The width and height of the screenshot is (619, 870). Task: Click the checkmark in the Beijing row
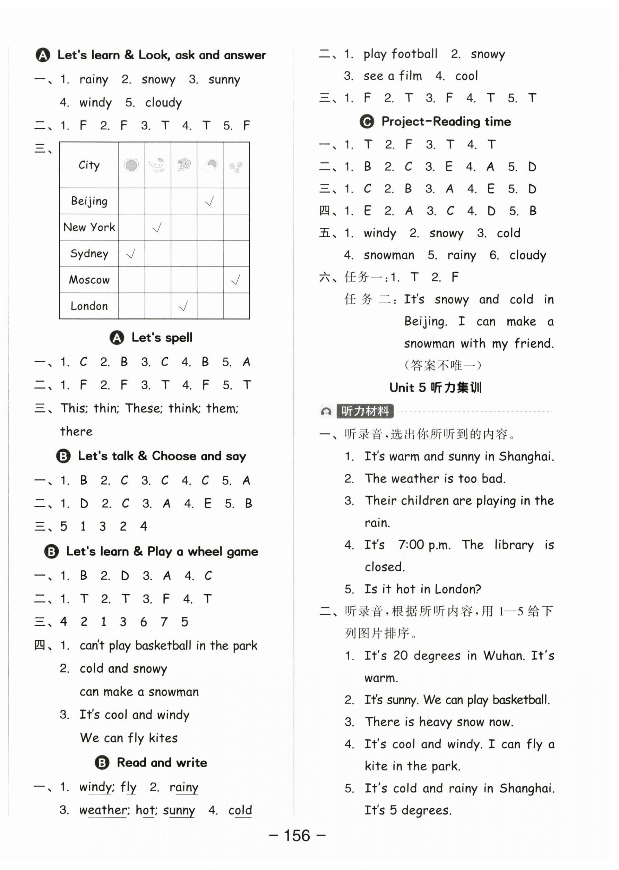209,201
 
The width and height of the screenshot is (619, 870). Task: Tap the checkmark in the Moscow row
235,280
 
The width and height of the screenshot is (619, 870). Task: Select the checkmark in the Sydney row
131,254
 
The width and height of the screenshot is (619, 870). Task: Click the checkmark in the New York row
157,228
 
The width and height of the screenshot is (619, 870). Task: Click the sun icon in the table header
131,165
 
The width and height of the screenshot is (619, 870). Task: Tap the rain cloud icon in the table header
184,165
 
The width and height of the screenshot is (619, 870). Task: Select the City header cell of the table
89,165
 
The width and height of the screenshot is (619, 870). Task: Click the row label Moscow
89,280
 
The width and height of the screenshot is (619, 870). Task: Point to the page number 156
297,836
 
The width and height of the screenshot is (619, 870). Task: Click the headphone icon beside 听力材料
326,411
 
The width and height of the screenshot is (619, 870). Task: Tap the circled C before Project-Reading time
367,122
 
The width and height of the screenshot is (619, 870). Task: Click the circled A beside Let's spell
117,338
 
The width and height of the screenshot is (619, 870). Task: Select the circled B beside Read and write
102,762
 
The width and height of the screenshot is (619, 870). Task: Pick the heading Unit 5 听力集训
435,388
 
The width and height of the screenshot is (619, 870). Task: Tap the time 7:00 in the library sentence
411,545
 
